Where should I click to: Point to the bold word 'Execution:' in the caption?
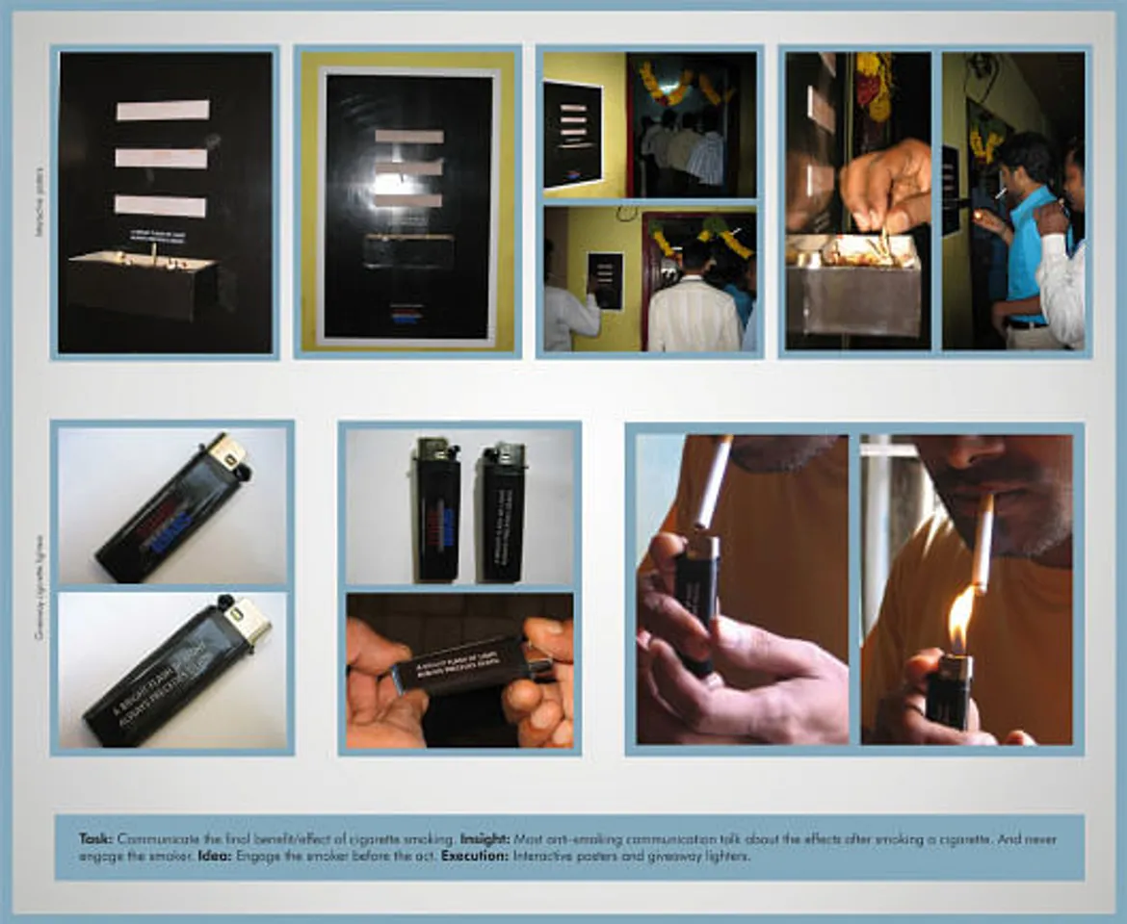pos(475,856)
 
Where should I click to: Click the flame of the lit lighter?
pos(960,617)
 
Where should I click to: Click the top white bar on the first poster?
pos(163,110)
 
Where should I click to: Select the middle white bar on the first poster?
pos(161,157)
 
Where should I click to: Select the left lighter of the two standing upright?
pos(437,510)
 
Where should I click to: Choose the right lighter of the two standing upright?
pos(503,512)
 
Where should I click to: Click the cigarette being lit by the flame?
pos(982,544)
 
